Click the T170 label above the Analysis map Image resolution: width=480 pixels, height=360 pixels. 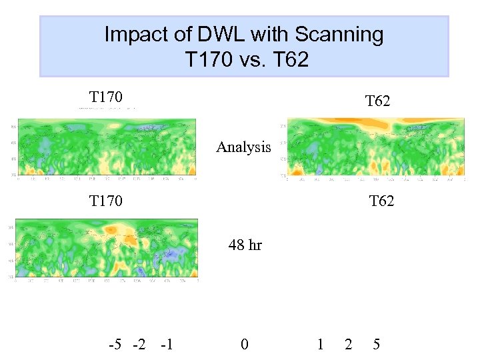tap(106, 97)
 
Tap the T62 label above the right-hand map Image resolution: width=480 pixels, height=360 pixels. tap(377, 101)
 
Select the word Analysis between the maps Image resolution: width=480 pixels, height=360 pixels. tap(243, 147)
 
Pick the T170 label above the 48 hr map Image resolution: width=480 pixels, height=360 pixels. tap(106, 200)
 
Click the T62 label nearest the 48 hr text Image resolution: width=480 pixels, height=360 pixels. tap(381, 200)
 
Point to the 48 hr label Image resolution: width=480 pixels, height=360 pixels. tap(245, 245)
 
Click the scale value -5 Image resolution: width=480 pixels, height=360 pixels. tap(115, 345)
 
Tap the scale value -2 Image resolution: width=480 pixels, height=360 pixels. tap(139, 345)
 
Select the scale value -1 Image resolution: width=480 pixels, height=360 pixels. tap(167, 345)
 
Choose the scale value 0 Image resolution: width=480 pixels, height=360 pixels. tap(245, 345)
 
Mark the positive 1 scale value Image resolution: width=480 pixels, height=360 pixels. tap(321, 345)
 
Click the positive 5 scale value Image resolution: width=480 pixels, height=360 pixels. tap(377, 345)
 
